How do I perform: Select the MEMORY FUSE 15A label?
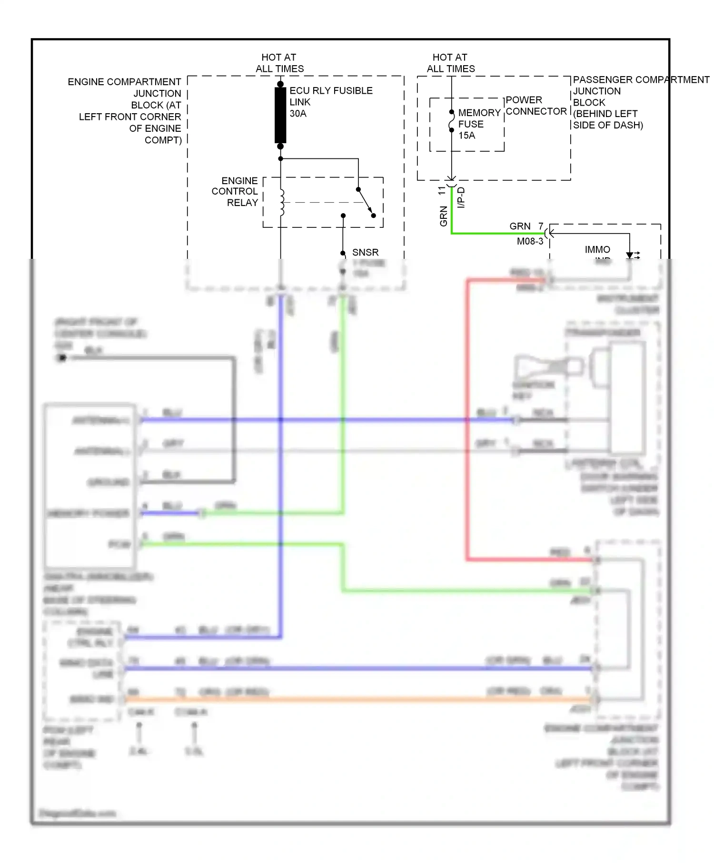point(479,124)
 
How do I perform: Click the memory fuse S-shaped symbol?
point(451,121)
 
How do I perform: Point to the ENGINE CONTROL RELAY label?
point(235,192)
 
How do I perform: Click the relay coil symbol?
point(282,202)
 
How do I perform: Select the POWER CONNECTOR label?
point(535,106)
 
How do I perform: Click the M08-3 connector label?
point(530,242)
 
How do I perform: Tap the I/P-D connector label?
point(461,197)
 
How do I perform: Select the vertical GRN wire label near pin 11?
point(444,216)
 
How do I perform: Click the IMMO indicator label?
point(597,250)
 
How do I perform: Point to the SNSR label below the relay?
point(365,252)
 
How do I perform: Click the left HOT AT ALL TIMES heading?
point(279,63)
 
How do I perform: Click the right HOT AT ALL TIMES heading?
point(450,63)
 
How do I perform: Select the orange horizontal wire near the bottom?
point(357,699)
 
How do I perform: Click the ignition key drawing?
point(547,368)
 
